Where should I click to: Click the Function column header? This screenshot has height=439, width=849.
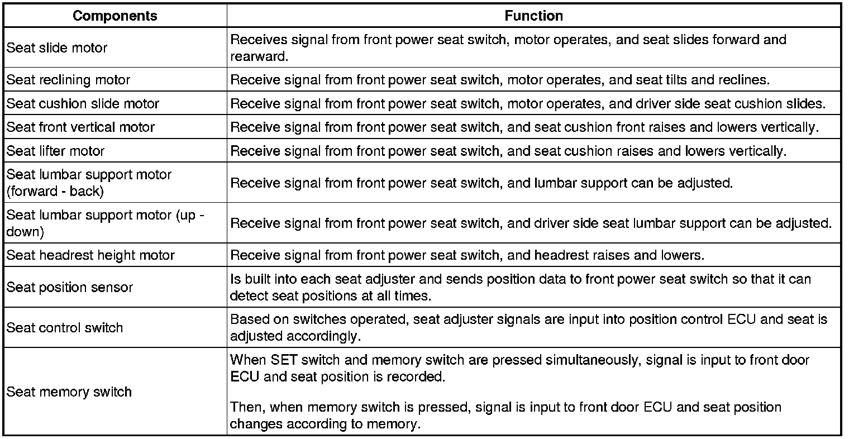tap(533, 16)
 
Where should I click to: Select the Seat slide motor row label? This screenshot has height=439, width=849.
tap(57, 48)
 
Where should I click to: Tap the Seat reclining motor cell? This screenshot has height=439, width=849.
tap(68, 80)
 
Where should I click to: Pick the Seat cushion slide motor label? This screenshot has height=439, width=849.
tap(83, 104)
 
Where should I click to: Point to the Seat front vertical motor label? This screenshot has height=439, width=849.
tap(80, 127)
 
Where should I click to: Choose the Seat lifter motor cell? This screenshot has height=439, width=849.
tap(55, 151)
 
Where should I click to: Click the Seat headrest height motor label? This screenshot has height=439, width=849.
tap(90, 256)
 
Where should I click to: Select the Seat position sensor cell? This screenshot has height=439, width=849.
tap(70, 288)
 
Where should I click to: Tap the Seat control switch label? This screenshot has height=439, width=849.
tap(65, 328)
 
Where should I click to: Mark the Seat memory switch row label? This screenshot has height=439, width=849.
tap(69, 392)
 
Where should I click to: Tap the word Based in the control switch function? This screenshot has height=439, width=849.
tap(246, 319)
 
